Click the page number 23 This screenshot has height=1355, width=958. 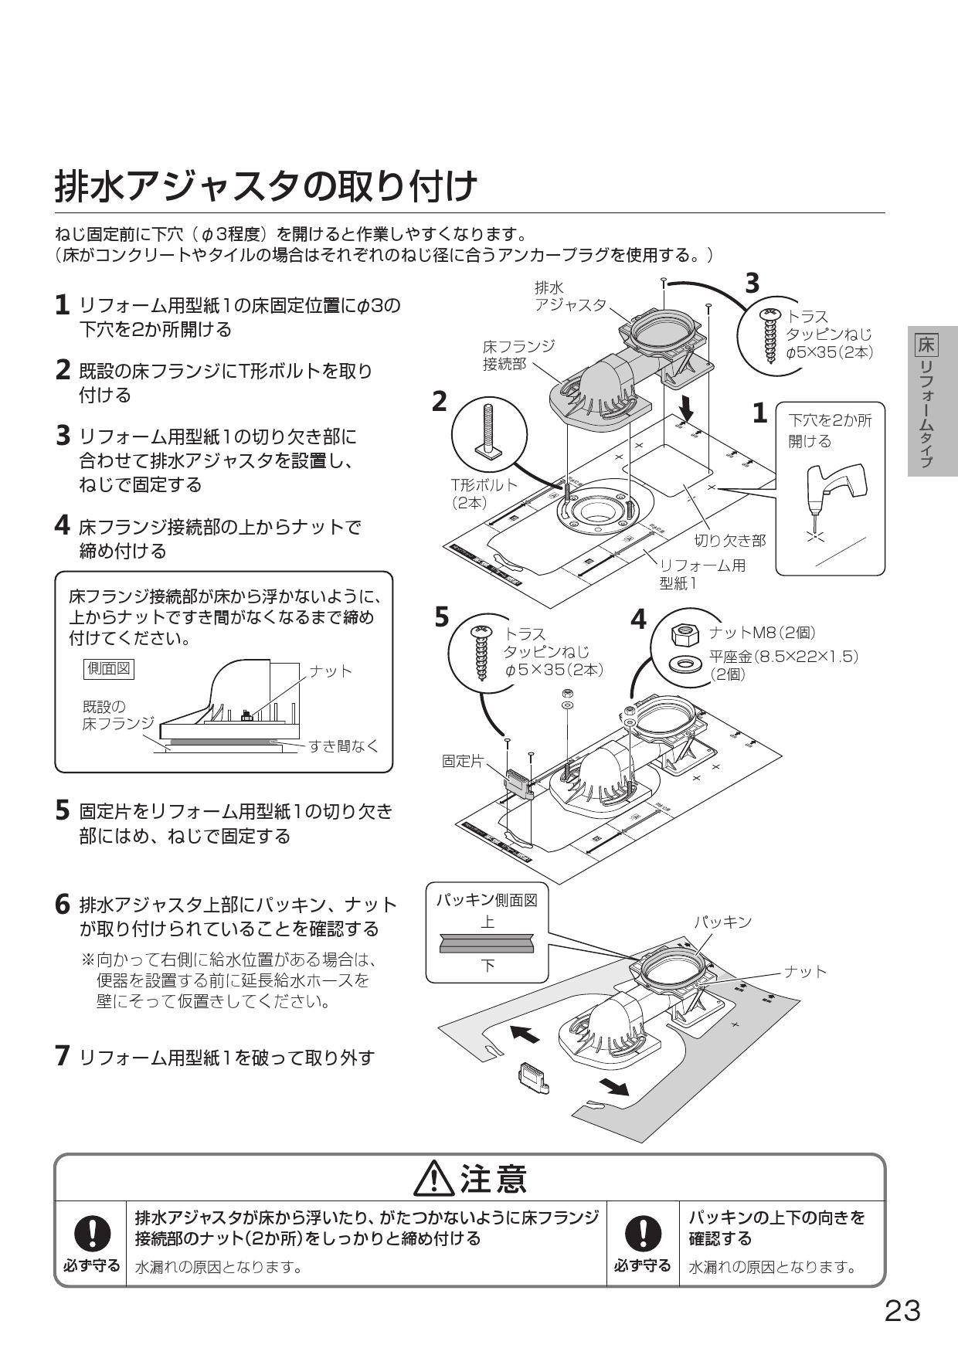pyautogui.click(x=902, y=1311)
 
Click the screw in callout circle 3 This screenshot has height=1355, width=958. pyautogui.click(x=770, y=338)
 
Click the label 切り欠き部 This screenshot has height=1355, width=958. pyautogui.click(x=729, y=540)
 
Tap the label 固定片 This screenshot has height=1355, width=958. pyautogui.click(x=462, y=761)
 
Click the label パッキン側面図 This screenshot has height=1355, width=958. pyautogui.click(x=487, y=899)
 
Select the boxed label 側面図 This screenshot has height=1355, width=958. pyautogui.click(x=109, y=669)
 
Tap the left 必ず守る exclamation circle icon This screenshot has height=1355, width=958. pyautogui.click(x=91, y=1234)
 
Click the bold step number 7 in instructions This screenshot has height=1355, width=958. pyautogui.click(x=63, y=1056)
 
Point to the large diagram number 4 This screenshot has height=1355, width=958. pyautogui.click(x=638, y=620)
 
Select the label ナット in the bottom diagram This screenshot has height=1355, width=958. pyautogui.click(x=805, y=971)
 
